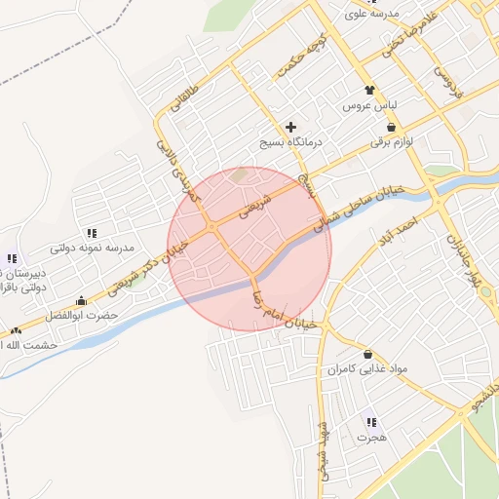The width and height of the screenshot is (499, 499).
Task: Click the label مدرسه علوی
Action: pos(372,15)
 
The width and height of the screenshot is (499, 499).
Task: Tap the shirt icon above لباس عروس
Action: pos(369,90)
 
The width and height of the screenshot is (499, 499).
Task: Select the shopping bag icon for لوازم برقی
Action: pos(392,127)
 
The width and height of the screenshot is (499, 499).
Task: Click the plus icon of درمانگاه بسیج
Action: pos(290,128)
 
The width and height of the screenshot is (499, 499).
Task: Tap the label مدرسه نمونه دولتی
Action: pos(92,249)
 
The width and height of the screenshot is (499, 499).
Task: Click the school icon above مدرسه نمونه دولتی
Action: pos(92,233)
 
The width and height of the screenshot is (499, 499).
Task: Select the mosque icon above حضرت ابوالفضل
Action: pos(81,301)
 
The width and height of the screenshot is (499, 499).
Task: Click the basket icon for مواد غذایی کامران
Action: pos(367,353)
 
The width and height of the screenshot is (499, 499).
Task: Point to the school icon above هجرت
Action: pos(371,422)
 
